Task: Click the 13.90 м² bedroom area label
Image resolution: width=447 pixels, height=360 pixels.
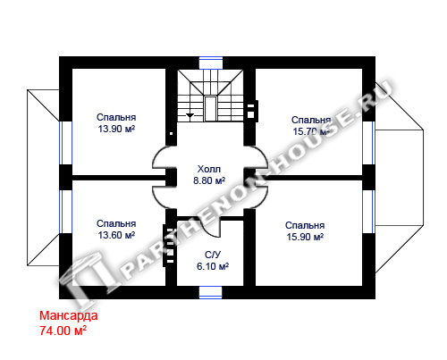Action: [x=116, y=129]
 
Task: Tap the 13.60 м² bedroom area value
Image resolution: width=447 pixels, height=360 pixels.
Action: [x=116, y=235]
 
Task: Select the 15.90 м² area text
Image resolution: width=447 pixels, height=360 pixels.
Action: [x=305, y=237]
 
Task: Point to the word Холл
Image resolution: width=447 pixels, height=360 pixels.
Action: [x=209, y=169]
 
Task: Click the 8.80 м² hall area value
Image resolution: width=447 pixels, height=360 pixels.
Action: [x=209, y=180]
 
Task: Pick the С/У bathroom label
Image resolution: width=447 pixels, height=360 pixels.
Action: [x=213, y=255]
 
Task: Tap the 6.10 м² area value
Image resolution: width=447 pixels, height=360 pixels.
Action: [x=213, y=266]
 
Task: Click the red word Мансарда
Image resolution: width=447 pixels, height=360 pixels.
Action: [x=69, y=315]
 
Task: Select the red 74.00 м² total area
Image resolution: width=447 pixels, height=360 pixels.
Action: [x=63, y=331]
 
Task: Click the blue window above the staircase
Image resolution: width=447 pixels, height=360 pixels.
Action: [x=211, y=63]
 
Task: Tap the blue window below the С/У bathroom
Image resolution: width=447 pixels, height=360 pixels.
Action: [x=211, y=293]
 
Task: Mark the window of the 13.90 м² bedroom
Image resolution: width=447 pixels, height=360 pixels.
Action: [x=65, y=143]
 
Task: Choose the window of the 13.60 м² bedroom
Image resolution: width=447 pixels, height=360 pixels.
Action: [x=65, y=212]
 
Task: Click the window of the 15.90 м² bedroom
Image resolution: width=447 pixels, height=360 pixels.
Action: [x=369, y=212]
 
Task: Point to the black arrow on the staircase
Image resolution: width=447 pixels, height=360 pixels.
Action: [x=190, y=115]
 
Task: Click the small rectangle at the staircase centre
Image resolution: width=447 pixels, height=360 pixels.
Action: [x=210, y=108]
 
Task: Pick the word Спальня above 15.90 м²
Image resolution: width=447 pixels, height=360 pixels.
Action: [x=305, y=226]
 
